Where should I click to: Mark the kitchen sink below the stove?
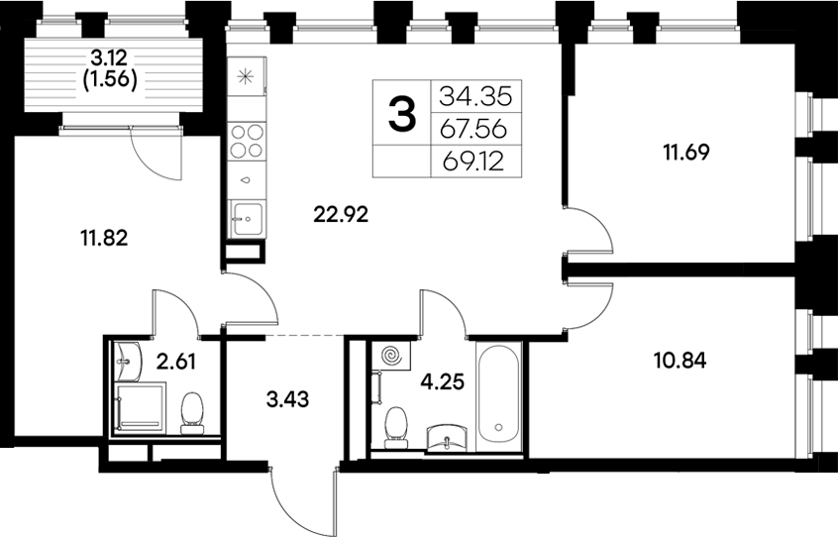[x=246, y=214]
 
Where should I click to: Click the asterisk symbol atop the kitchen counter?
[x=247, y=76]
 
